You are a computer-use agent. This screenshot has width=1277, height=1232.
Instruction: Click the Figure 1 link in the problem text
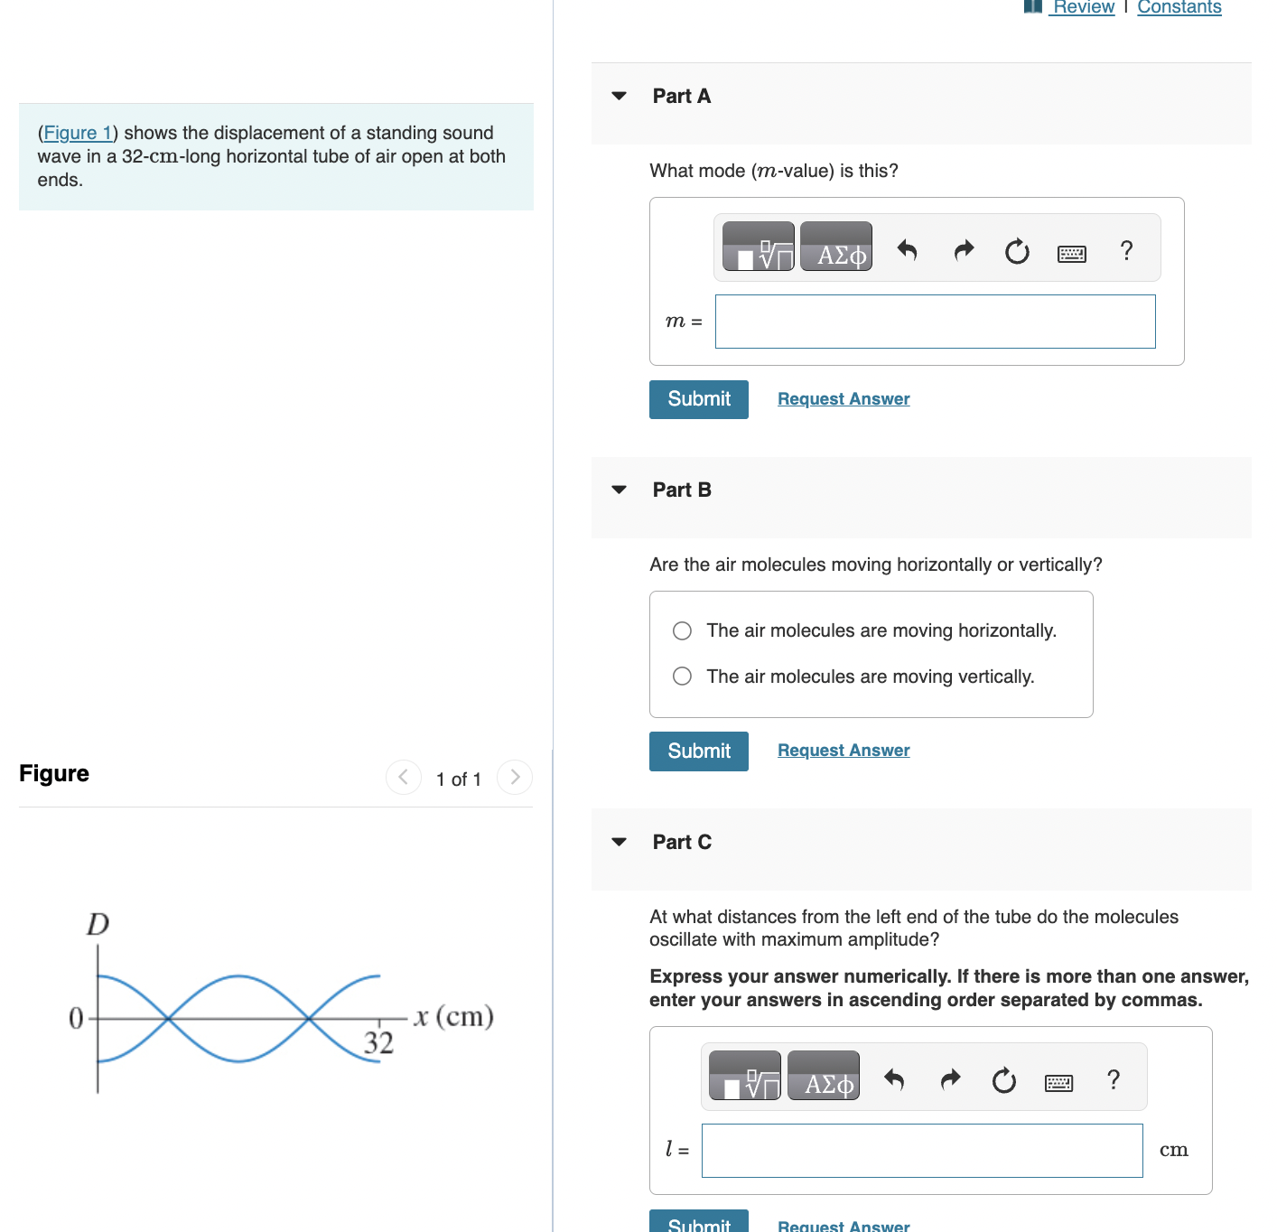point(78,133)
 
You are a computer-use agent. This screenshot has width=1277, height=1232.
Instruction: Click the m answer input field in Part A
point(935,322)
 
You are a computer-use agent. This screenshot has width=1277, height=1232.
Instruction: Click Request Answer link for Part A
point(843,399)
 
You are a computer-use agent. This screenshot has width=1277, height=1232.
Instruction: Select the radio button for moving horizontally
point(683,630)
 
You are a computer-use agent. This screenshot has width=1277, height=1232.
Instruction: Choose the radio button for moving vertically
point(683,677)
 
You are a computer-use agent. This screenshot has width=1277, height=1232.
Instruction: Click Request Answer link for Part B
point(843,751)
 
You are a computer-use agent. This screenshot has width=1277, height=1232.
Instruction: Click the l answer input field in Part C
point(921,1151)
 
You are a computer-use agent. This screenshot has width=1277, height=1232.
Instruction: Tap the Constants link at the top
point(1179,8)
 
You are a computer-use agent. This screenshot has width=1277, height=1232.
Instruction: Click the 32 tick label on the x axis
point(378,1043)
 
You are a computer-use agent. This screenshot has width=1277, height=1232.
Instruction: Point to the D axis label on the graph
point(98,924)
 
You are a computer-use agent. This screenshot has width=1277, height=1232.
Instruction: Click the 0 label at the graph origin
point(76,1019)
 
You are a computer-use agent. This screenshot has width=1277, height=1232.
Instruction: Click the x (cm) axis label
point(453,1017)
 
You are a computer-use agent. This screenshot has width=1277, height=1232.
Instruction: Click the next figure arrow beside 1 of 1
point(515,777)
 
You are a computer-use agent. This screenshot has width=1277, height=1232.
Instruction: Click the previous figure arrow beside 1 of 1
point(404,777)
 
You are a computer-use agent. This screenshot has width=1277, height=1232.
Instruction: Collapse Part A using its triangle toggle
point(619,96)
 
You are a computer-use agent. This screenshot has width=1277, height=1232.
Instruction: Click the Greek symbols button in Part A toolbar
point(836,247)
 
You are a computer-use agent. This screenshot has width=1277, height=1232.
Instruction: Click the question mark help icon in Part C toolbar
point(1114,1078)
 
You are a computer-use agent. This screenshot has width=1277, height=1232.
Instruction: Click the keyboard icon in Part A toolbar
point(1071,254)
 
